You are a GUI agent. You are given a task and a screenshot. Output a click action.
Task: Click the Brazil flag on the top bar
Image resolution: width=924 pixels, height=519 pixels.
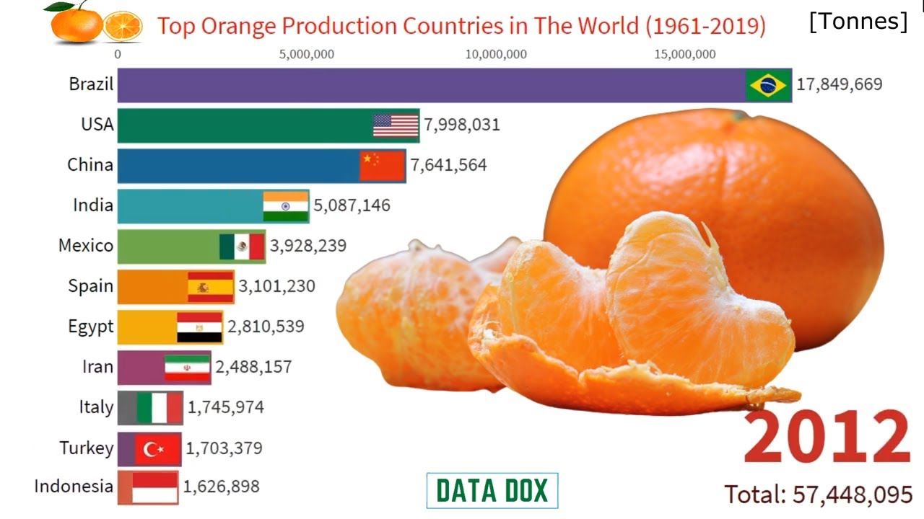click(768, 86)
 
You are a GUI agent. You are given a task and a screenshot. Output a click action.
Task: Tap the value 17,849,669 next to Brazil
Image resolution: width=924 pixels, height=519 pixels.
click(839, 84)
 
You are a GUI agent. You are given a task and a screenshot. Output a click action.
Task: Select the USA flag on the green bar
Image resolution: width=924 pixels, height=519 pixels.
click(396, 125)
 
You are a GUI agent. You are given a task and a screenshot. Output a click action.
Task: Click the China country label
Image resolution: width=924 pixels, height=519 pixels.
click(90, 165)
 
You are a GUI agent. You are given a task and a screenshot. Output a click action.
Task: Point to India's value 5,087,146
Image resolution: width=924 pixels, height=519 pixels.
click(352, 205)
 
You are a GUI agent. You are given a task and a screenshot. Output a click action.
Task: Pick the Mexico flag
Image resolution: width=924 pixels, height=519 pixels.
click(242, 247)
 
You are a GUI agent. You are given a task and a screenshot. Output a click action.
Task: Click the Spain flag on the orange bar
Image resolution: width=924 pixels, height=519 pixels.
click(211, 287)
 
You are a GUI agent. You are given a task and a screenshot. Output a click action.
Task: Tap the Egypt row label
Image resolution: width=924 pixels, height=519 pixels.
click(91, 327)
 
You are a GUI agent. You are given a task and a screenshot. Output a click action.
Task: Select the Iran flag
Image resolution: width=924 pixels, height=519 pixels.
click(187, 368)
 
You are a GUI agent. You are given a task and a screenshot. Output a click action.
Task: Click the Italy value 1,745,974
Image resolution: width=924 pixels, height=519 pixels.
click(226, 407)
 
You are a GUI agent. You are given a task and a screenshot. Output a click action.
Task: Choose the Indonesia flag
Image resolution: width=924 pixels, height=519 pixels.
click(154, 488)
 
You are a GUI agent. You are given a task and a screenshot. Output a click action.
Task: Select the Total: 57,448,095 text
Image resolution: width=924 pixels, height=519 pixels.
click(819, 494)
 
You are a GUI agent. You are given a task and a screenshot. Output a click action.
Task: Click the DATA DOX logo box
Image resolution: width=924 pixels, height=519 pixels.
click(492, 491)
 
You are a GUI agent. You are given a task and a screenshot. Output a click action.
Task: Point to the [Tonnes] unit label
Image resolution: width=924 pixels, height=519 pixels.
click(858, 22)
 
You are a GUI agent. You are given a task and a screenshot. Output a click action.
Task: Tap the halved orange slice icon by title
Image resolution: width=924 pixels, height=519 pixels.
click(123, 26)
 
